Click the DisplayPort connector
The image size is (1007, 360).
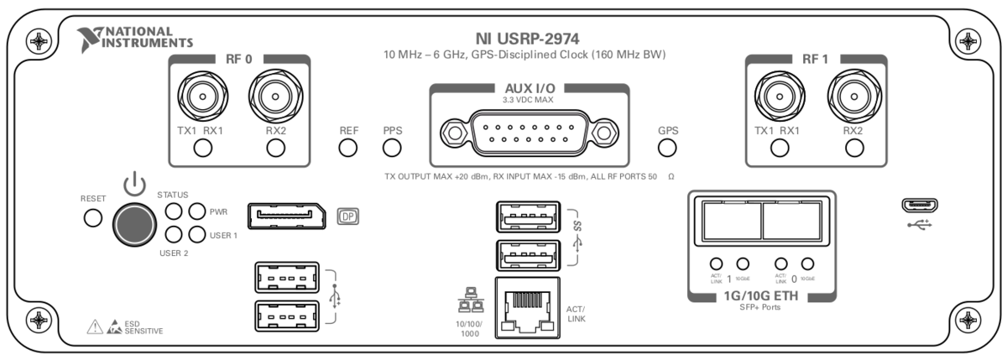288,216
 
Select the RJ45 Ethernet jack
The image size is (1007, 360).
524,307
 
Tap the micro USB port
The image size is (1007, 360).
919,206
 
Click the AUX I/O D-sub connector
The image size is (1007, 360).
529,133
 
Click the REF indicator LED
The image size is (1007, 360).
348,149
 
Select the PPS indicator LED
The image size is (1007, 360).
392,149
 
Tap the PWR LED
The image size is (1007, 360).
197,211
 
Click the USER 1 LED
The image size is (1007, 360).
197,235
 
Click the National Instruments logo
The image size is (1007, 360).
134,37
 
